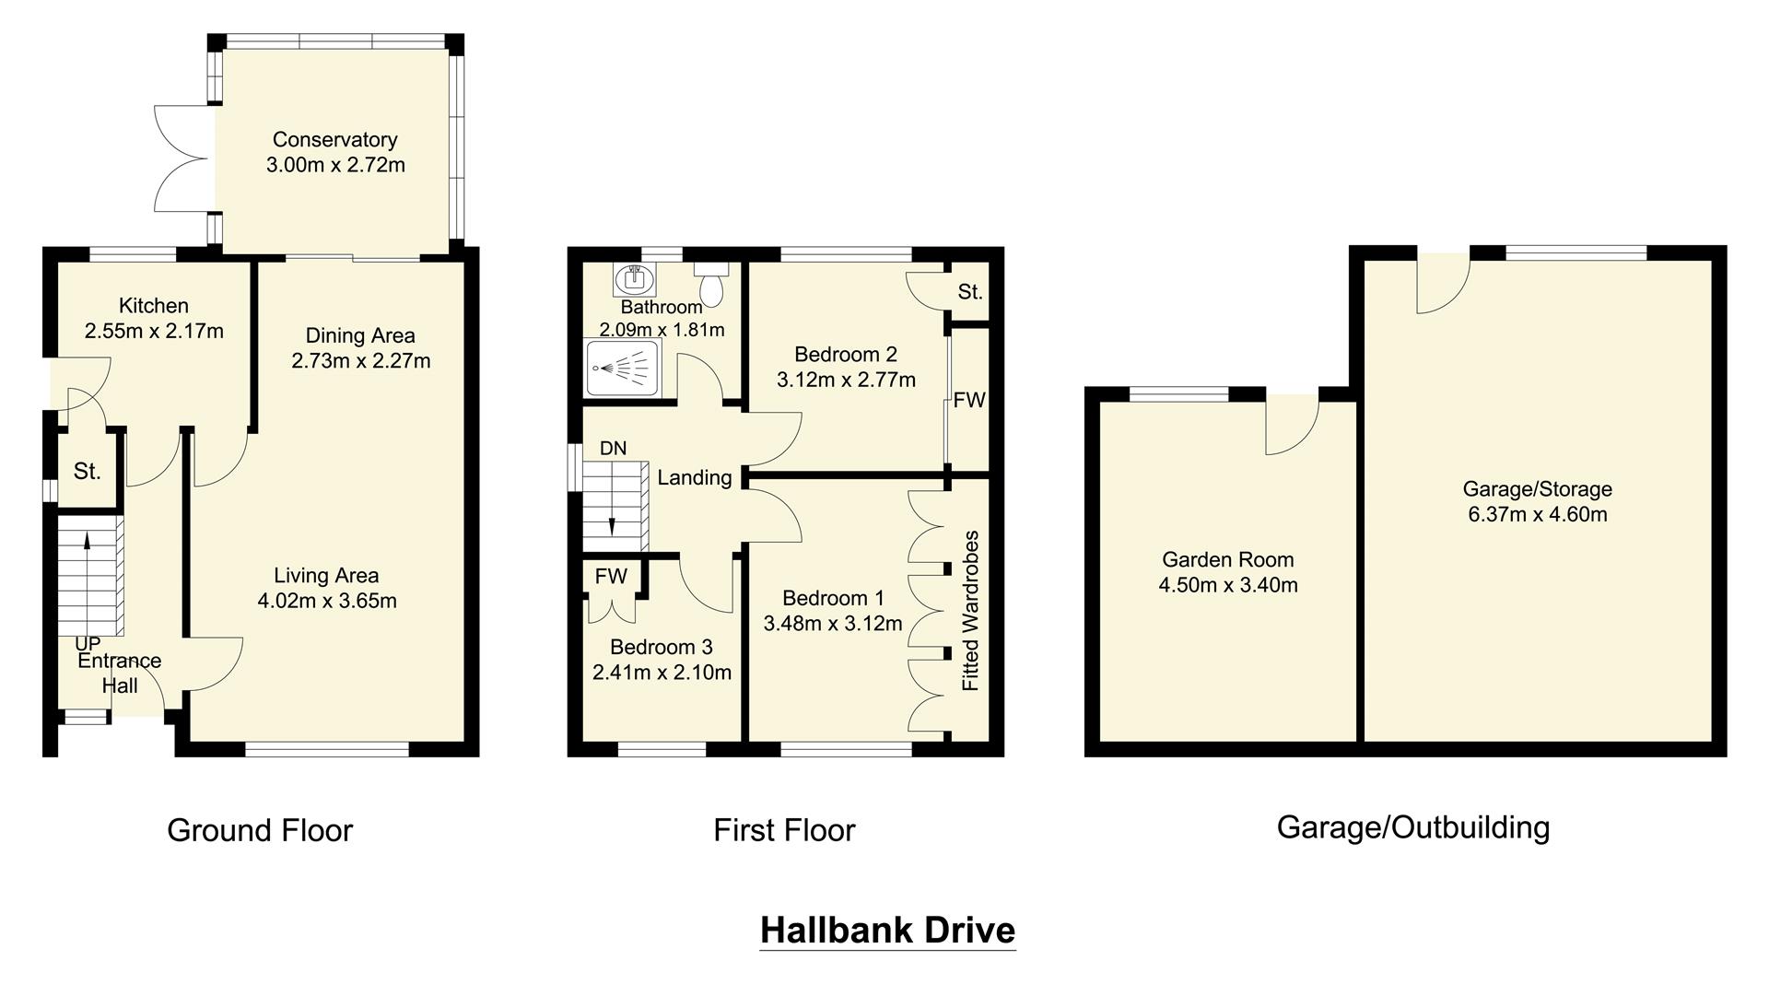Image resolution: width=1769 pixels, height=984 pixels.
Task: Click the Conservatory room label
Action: tap(334, 140)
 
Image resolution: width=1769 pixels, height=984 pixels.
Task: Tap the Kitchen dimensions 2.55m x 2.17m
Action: tap(154, 331)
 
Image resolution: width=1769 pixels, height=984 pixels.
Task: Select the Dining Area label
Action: tap(360, 335)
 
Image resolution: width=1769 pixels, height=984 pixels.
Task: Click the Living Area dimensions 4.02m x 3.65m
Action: tap(327, 601)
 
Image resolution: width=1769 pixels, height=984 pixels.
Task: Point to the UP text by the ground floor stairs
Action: tap(88, 644)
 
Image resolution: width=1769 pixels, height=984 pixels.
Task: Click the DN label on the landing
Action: tap(613, 449)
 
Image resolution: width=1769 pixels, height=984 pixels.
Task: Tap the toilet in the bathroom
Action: tap(712, 285)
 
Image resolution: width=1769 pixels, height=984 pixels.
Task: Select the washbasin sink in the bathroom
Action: tap(633, 276)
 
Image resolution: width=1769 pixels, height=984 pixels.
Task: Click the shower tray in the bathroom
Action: tap(622, 368)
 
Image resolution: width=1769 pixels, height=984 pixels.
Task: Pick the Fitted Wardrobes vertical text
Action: tap(970, 611)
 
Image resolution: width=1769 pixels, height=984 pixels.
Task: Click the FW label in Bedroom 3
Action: tap(610, 577)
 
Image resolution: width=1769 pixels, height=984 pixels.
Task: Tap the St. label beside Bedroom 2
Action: tap(969, 292)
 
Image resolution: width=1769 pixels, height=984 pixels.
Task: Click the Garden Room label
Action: tap(1227, 559)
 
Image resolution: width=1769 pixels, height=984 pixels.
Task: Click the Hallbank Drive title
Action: tap(887, 930)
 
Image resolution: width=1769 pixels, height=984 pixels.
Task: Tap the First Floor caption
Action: tap(784, 830)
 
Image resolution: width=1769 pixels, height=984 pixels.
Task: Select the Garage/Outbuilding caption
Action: tap(1412, 827)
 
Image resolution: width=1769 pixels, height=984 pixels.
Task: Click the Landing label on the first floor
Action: tap(694, 477)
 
